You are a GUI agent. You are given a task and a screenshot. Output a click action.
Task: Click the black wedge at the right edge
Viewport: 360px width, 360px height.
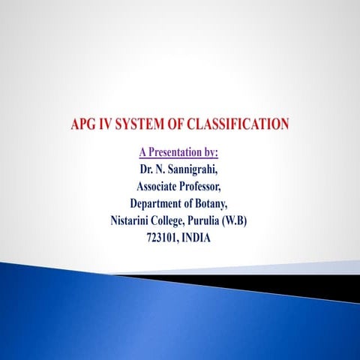coord(330,286)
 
